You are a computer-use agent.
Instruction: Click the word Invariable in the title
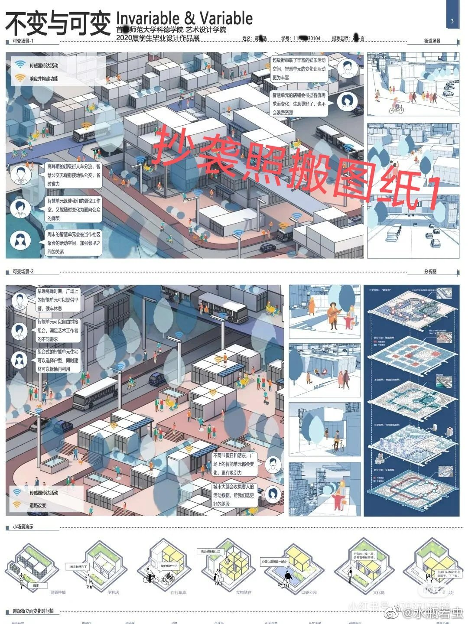click(147, 18)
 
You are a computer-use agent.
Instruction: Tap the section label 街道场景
click(432, 41)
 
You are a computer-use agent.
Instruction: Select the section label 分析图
click(430, 272)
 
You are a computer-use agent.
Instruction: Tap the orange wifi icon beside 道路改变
click(17, 505)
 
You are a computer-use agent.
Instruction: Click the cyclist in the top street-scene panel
click(396, 105)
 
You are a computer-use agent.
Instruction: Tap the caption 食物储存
click(243, 592)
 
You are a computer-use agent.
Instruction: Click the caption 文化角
click(378, 592)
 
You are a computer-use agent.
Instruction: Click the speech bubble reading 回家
click(36, 585)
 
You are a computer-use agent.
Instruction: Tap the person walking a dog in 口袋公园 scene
click(286, 578)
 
